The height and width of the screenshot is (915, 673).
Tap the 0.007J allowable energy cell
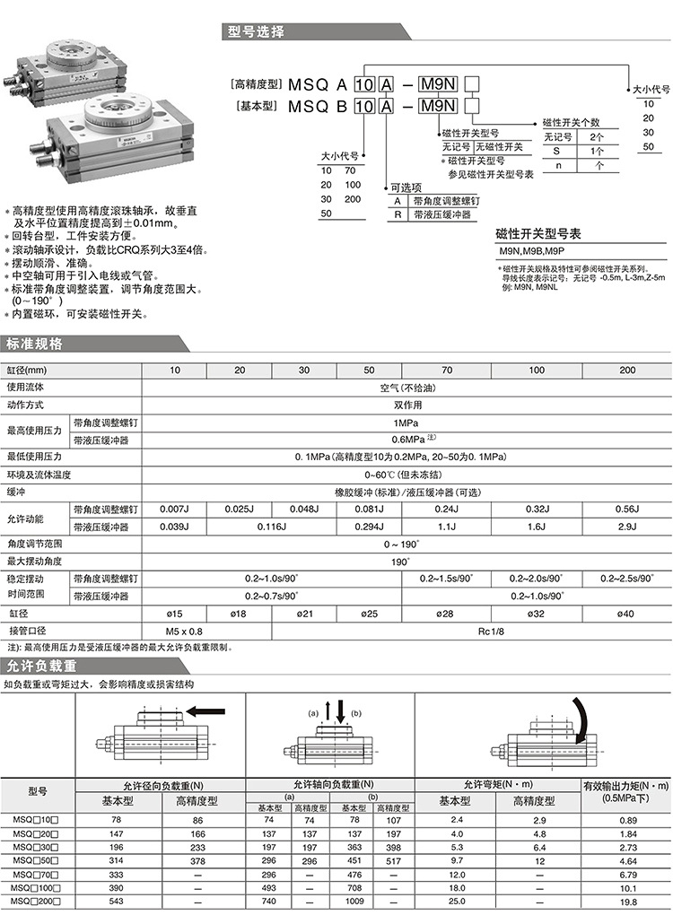tap(174, 510)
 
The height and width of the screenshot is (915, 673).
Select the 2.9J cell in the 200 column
tap(627, 527)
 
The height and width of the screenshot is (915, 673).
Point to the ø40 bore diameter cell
tap(627, 614)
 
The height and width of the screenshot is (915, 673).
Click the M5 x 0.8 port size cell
tap(174, 631)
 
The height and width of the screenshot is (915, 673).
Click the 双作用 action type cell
tap(406, 405)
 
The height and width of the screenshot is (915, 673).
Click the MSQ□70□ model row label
tap(37, 875)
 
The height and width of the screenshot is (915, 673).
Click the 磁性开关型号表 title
tap(539, 234)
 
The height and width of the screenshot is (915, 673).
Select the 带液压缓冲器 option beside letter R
tap(441, 215)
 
